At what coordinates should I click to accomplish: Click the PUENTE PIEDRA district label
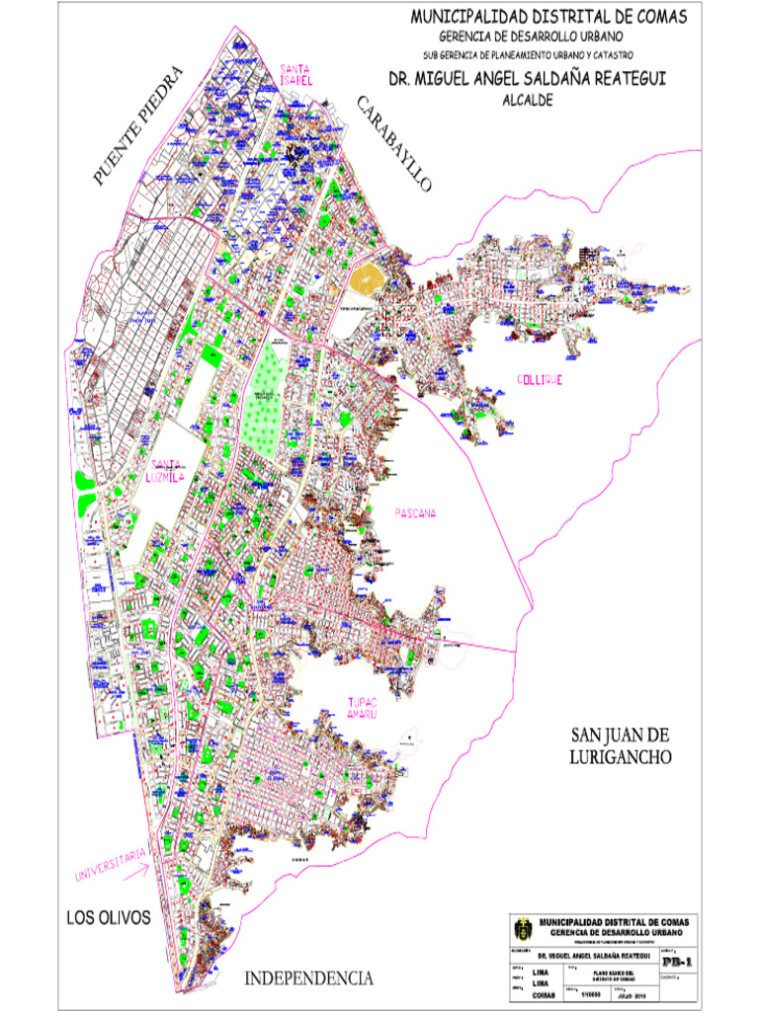(x=139, y=125)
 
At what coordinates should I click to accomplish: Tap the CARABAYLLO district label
(x=393, y=144)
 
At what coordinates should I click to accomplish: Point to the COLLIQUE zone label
(x=539, y=380)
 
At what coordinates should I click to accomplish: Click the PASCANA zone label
(x=415, y=512)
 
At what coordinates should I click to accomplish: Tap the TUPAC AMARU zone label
(x=362, y=709)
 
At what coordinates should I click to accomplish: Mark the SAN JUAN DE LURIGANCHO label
(x=621, y=746)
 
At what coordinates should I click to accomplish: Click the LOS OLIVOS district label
(x=108, y=917)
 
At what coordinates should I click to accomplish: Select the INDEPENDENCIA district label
(x=308, y=978)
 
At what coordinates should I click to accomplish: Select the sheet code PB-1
(x=676, y=960)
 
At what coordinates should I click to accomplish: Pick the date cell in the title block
(x=632, y=993)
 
